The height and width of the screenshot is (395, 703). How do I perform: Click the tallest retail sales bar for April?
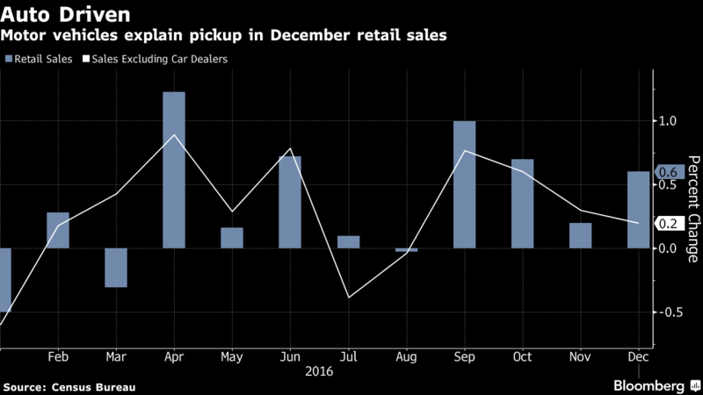[x=174, y=170]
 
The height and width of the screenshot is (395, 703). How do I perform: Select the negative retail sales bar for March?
[x=116, y=268]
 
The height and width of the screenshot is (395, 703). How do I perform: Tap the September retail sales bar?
[x=465, y=184]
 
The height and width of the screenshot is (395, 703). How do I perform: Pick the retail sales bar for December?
[x=639, y=210]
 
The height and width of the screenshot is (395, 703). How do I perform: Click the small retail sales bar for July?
[x=348, y=242]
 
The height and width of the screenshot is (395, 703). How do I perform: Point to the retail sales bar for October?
[x=522, y=204]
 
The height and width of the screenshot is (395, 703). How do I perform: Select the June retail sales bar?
[x=290, y=203]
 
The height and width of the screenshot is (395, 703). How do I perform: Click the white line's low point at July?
[x=349, y=298]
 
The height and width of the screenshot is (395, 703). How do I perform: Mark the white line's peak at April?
[x=174, y=135]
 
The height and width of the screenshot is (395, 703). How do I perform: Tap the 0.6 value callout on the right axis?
[x=670, y=172]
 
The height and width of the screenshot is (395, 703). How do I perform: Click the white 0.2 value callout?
[x=670, y=224]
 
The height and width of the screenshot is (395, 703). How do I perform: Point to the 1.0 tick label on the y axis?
[x=668, y=121]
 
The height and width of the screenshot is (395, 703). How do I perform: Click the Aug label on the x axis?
[x=406, y=357]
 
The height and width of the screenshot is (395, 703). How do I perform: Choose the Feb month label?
[x=58, y=357]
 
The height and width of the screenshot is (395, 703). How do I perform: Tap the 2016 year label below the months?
[x=319, y=371]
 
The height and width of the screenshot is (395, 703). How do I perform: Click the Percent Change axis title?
[x=693, y=209]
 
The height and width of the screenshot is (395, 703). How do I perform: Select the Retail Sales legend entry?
[x=39, y=59]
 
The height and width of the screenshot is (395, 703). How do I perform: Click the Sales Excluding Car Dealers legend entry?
[x=156, y=59]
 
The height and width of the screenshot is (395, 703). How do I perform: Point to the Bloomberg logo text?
[x=649, y=386]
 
